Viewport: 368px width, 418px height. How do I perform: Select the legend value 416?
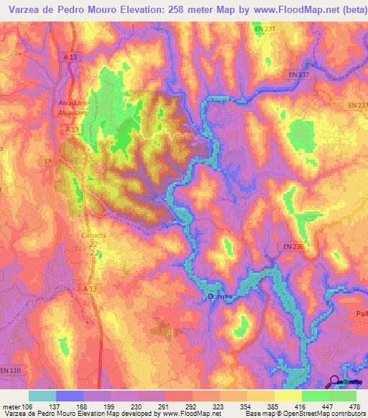point(303,407)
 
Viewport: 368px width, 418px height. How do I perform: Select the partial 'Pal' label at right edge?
point(361,314)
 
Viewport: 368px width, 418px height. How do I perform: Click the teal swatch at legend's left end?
point(42,396)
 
